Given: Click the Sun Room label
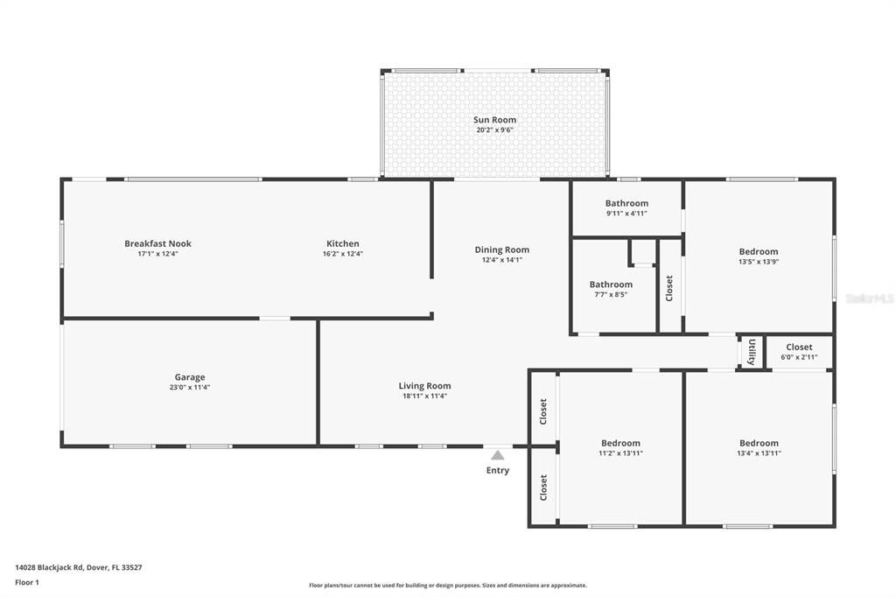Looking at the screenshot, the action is [494, 120].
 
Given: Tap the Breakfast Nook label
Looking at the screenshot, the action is [157, 243].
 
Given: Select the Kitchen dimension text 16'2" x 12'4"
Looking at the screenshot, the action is [343, 254].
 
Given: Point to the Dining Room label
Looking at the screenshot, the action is [501, 249].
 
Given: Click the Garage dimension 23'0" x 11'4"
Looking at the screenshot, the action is [190, 387].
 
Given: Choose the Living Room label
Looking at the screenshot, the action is [424, 386].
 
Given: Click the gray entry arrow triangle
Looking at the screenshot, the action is [498, 454].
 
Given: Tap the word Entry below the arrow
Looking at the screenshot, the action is [498, 470].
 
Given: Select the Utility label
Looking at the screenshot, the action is [752, 352].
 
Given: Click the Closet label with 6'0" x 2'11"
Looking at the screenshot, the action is [799, 348].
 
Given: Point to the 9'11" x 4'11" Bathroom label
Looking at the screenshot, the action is [626, 203].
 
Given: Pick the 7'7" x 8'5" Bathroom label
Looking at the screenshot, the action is [611, 284].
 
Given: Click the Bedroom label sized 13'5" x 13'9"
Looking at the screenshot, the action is [759, 251].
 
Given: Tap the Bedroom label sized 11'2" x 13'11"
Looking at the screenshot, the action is [620, 443].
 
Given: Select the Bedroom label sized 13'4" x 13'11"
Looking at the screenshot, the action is [759, 443].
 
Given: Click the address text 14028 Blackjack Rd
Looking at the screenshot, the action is [50, 568].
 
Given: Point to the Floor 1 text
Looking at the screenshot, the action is [27, 583].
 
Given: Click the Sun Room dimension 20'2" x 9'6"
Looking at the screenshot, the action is [495, 130].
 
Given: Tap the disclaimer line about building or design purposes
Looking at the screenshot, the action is [448, 586].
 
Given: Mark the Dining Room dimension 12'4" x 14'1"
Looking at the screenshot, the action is [501, 260].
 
